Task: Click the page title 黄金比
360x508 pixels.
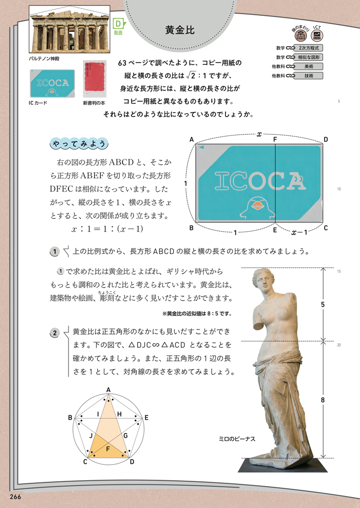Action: [x=180, y=29]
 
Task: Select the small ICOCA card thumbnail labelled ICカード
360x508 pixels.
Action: [x=52, y=83]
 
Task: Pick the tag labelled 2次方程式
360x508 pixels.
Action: [x=308, y=48]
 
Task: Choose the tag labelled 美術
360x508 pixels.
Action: [x=308, y=66]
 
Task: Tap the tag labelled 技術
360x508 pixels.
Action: [x=308, y=76]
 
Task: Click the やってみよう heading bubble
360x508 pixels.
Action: [x=79, y=144]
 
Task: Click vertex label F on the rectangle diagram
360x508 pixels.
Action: [x=275, y=140]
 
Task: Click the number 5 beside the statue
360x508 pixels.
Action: [x=323, y=304]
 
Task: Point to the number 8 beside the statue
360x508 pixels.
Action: [x=323, y=399]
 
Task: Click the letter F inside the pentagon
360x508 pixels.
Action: [x=108, y=448]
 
